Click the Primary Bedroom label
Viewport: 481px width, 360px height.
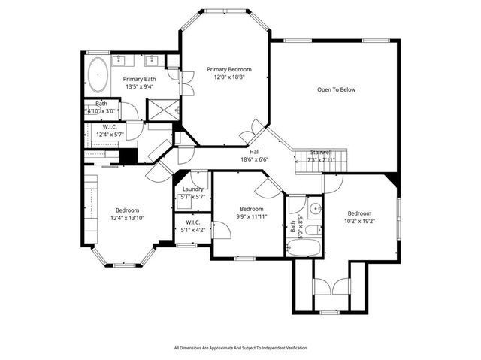(229, 69)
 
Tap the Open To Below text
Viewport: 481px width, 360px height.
(336, 89)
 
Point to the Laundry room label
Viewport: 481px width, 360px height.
(193, 189)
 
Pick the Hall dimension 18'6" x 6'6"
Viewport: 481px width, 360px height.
(255, 159)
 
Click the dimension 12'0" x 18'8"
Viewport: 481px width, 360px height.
(229, 77)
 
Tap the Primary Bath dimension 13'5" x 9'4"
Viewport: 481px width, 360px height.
(140, 86)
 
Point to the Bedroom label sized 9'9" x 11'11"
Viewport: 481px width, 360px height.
(251, 209)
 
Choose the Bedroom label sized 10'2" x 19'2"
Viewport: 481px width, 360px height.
(359, 213)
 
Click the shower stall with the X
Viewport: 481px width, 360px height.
(159, 110)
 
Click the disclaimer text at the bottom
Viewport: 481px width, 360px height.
(240, 348)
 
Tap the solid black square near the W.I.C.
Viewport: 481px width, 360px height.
(128, 156)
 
